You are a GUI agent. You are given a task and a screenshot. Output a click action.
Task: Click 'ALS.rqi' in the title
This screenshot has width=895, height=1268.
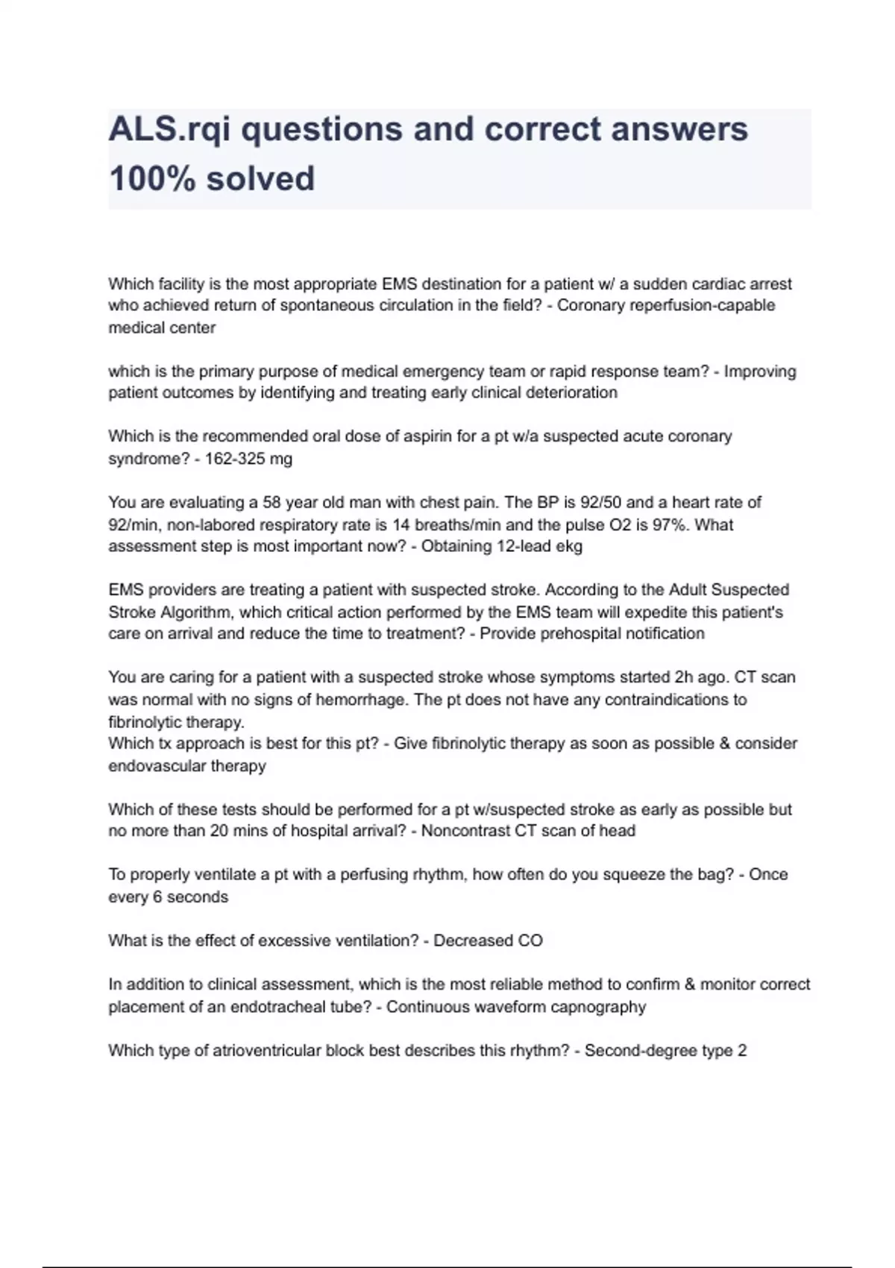click(169, 130)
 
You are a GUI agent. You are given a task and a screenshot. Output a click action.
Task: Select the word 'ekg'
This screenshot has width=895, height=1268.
click(570, 546)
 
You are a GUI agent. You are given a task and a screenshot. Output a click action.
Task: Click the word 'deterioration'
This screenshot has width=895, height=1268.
click(571, 393)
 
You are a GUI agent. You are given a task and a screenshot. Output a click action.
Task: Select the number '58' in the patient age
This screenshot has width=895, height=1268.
click(272, 502)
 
